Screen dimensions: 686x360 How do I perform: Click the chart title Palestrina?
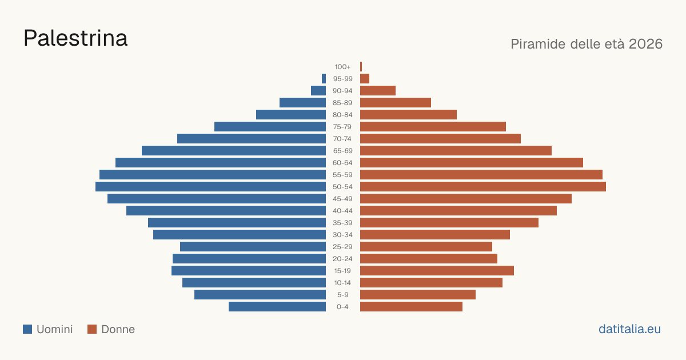(x=75, y=38)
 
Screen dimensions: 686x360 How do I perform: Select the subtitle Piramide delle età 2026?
(x=587, y=44)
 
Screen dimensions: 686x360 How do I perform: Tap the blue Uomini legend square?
(x=27, y=329)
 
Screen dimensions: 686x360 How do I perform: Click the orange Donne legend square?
(x=92, y=329)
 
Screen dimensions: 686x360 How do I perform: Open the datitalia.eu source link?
(x=629, y=329)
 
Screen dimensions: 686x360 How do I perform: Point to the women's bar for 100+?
(x=361, y=67)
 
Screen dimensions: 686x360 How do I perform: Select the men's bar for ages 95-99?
(x=324, y=79)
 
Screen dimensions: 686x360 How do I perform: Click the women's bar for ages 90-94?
(x=378, y=91)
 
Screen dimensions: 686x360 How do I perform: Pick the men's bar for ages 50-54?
(x=211, y=187)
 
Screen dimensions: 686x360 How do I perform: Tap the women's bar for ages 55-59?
(x=481, y=175)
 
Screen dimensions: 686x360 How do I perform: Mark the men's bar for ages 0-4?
(x=277, y=307)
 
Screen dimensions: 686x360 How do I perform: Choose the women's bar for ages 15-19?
(x=437, y=271)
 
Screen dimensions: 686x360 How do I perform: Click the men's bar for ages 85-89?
(x=302, y=102)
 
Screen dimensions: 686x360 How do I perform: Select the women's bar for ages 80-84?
(x=408, y=115)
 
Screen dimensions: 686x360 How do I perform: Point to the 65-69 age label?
(x=342, y=151)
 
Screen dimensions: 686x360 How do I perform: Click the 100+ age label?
(x=342, y=67)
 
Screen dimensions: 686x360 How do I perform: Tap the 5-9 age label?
(x=342, y=295)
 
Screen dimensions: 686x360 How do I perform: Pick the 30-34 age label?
(x=342, y=235)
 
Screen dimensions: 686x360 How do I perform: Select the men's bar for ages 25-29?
(x=253, y=247)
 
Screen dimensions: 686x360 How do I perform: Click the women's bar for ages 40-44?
(x=458, y=211)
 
